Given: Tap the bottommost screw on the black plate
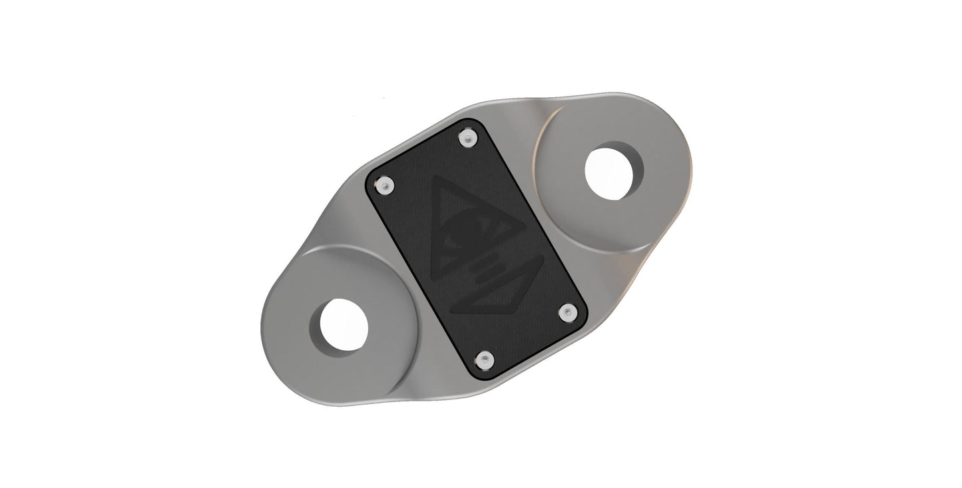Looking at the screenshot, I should [487, 360].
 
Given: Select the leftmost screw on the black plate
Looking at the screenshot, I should [383, 186].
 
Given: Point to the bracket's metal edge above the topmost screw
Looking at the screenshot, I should [466, 111].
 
